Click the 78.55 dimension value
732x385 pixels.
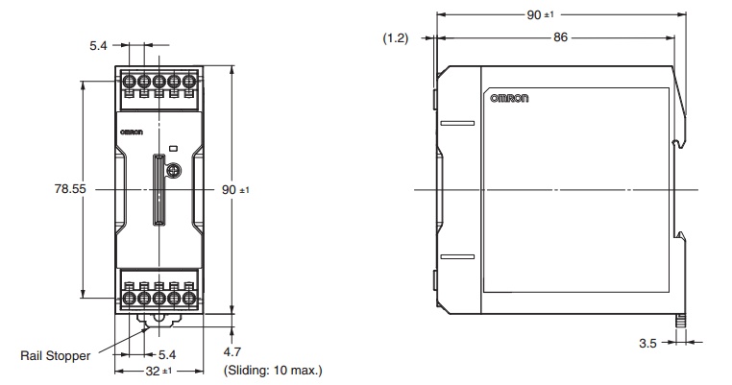pyautogui.click(x=70, y=190)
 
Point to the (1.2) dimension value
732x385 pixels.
pyautogui.click(x=395, y=38)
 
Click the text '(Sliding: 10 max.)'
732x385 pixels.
pyautogui.click(x=272, y=370)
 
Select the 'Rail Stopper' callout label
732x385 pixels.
pyautogui.click(x=56, y=355)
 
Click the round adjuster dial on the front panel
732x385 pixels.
pyautogui.click(x=174, y=171)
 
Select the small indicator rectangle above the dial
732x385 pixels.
pyautogui.click(x=174, y=149)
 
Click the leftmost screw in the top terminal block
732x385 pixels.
pyautogui.click(x=127, y=78)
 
